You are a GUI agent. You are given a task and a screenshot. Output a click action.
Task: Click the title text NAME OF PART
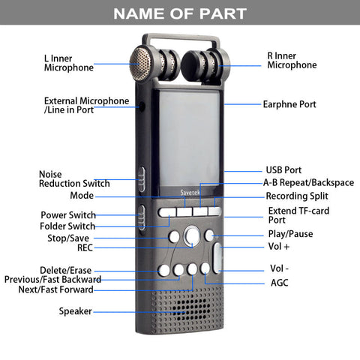click(180, 13)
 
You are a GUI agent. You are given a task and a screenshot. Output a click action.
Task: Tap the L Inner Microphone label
click(69, 63)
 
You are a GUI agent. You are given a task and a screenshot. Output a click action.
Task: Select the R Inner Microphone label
click(292, 61)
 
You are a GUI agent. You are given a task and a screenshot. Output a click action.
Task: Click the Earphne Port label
click(289, 104)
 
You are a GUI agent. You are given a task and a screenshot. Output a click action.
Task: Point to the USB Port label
click(283, 170)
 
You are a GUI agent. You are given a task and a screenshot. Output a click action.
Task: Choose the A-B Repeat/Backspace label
click(309, 183)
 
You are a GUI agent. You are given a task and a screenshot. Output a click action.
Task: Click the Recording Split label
click(297, 196)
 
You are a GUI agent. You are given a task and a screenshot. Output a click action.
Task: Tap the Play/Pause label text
click(290, 234)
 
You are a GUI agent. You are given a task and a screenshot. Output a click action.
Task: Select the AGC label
click(280, 283)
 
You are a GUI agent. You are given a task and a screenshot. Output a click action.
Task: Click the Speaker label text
click(76, 311)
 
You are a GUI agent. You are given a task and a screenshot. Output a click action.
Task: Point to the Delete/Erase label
click(66, 270)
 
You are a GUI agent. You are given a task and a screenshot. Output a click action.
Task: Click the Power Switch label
click(68, 215)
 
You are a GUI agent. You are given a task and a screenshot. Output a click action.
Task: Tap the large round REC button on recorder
click(192, 235)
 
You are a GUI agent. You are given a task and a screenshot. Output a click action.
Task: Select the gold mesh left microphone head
click(140, 64)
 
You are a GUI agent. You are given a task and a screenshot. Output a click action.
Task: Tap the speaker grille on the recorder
click(187, 310)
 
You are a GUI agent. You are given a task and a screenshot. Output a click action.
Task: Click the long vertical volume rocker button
click(217, 258)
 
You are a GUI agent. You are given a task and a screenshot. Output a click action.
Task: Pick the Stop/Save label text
click(68, 238)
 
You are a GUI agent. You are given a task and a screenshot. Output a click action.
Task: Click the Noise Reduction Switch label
click(74, 179)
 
